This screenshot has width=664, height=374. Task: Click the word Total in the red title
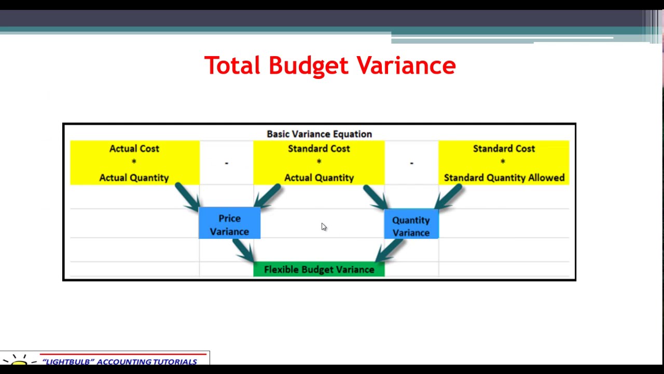(232, 66)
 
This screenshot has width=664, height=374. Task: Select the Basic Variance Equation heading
(319, 134)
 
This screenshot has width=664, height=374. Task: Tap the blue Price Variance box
(229, 224)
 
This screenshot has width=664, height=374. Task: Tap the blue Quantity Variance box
(411, 226)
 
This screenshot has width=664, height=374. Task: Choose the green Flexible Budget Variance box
(319, 269)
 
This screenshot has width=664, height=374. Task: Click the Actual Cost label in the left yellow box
(134, 149)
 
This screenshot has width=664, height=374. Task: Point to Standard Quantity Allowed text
(504, 178)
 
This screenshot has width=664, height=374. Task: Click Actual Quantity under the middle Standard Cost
(319, 178)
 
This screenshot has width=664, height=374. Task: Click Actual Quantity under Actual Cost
(134, 178)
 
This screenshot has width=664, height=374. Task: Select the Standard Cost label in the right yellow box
(504, 149)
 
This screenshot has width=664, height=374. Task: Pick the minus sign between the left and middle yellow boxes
(226, 163)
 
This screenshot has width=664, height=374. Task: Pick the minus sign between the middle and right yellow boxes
(411, 163)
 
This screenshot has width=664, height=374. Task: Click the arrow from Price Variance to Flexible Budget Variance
(243, 250)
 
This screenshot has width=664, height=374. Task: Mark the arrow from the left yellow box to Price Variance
(187, 196)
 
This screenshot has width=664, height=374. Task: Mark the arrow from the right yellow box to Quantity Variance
(449, 196)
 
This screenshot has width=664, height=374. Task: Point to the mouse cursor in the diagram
(324, 227)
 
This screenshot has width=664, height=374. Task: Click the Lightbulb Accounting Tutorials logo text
(119, 362)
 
